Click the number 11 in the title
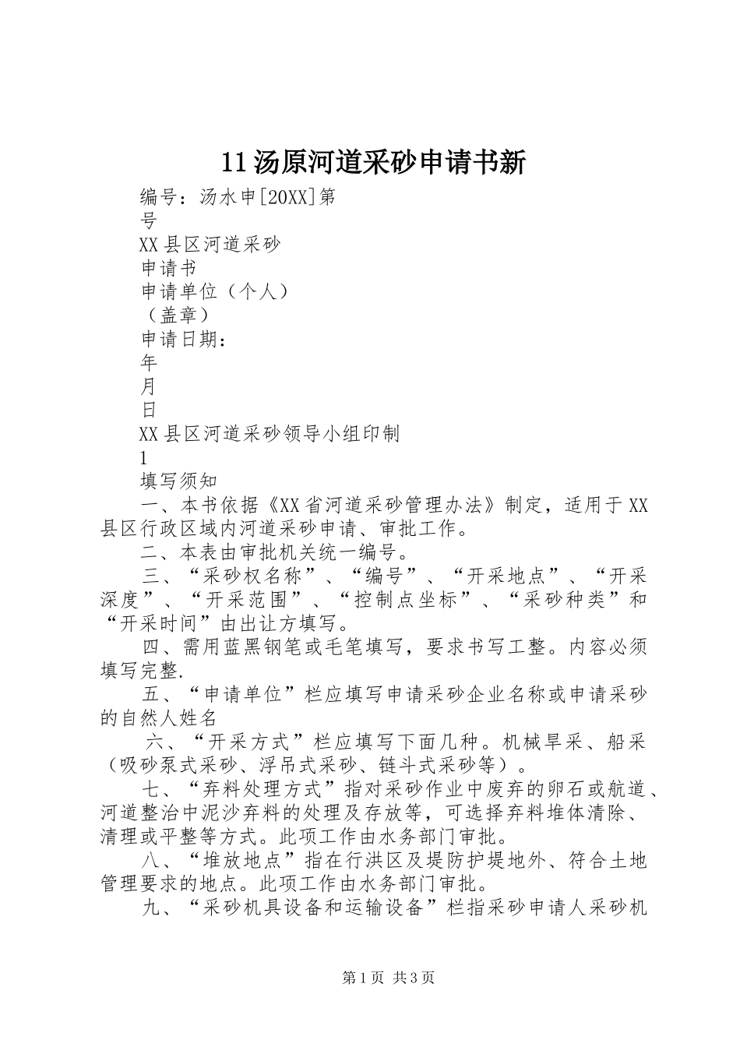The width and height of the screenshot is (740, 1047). [234, 161]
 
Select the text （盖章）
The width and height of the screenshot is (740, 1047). [176, 315]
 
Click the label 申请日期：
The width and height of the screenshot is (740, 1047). [184, 339]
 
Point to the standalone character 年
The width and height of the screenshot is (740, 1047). [149, 362]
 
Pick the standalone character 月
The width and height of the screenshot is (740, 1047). [149, 386]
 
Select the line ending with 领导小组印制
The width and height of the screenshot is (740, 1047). [270, 433]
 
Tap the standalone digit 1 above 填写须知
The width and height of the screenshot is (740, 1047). [143, 457]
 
